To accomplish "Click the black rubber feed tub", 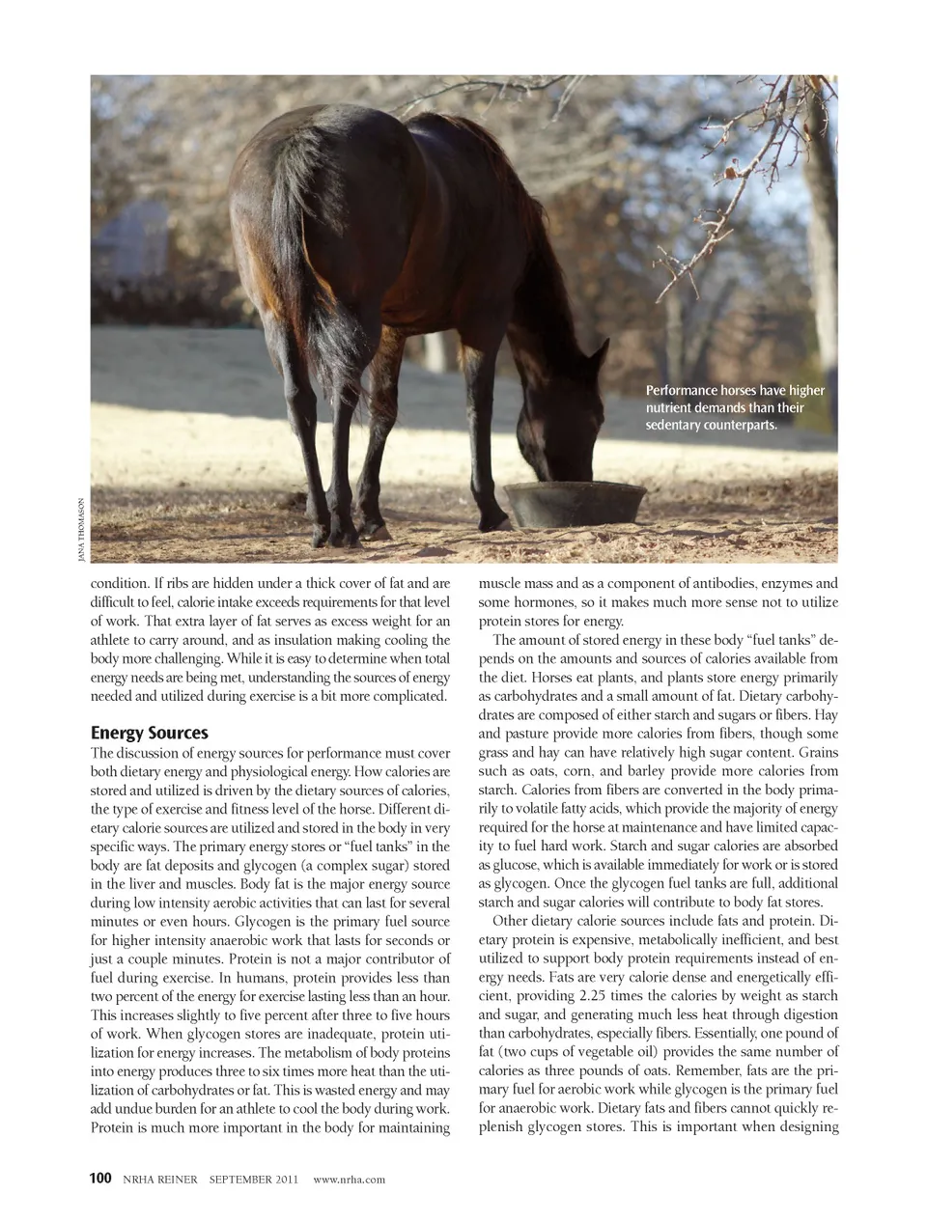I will point(576,503).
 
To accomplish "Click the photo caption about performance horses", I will point(735,406).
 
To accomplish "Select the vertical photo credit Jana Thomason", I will point(84,529).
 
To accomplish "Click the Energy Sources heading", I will point(149,732).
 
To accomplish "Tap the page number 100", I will point(100,1179).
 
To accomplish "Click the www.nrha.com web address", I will point(350,1180).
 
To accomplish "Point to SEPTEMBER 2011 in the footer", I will point(254,1180).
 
